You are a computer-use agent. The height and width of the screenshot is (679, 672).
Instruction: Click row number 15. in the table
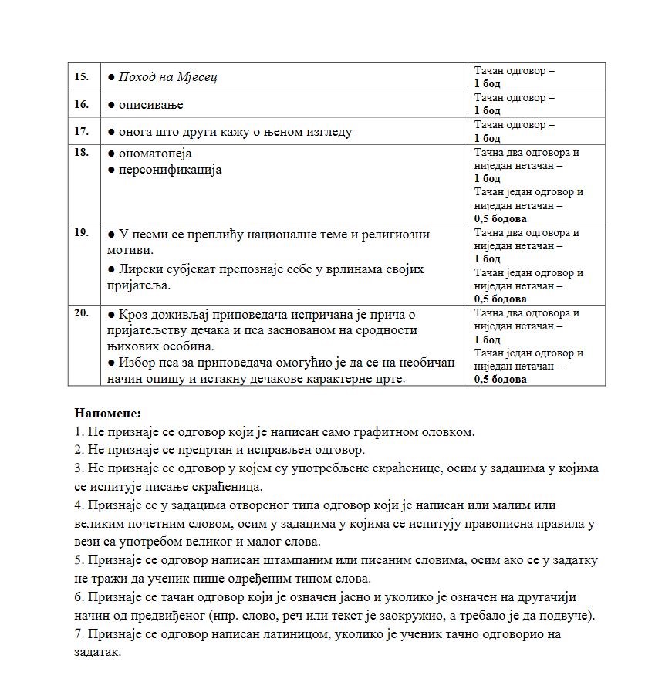tap(81, 76)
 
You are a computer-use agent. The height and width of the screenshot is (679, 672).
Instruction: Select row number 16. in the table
tap(81, 104)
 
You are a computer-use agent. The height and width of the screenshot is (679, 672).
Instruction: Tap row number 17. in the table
tap(81, 131)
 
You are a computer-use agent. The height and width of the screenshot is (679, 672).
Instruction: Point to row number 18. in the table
tap(81, 152)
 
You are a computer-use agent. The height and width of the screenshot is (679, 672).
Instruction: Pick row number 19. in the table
tap(81, 232)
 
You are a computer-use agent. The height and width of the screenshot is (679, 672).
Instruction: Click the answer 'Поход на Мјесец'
tap(167, 77)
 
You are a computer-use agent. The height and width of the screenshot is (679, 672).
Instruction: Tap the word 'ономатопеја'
tap(155, 154)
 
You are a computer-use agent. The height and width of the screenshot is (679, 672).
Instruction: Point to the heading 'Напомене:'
tap(107, 414)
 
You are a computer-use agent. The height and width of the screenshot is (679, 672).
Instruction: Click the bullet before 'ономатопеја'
tap(111, 154)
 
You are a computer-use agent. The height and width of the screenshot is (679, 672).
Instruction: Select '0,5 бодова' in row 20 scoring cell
tap(501, 379)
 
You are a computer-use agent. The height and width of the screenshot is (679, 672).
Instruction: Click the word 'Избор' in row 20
tap(136, 363)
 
